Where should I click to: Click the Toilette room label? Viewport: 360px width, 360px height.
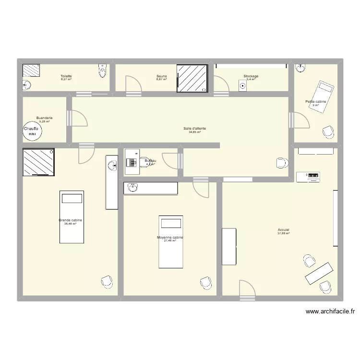[66, 76]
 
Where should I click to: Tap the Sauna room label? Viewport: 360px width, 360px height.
[161, 76]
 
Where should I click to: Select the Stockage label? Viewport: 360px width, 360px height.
[251, 76]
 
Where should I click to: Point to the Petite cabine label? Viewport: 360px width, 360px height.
[315, 102]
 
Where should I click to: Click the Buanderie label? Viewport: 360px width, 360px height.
[44, 118]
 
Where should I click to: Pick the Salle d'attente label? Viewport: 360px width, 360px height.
[194, 128]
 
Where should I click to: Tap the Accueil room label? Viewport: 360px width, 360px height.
[283, 230]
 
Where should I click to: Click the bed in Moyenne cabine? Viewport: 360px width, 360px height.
[171, 241]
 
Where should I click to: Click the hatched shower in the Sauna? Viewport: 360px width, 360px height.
[192, 78]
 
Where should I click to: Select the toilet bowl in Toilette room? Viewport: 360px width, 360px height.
[102, 72]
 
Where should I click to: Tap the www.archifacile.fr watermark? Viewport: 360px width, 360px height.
[330, 311]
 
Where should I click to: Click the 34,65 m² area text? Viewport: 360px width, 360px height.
[194, 132]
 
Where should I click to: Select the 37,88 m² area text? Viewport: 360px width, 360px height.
[283, 234]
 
